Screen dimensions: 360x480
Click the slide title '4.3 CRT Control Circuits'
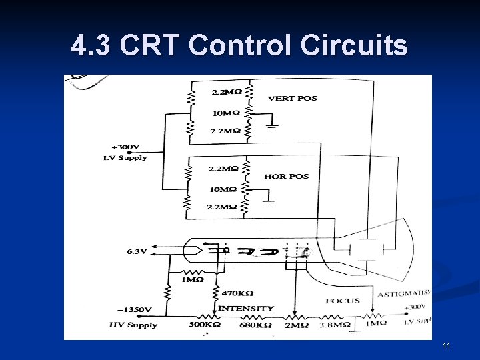coord(239,46)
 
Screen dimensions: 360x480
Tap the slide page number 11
coord(446,346)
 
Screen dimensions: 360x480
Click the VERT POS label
coord(292,99)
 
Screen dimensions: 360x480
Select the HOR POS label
coord(286,177)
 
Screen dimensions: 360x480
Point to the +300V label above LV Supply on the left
coord(125,147)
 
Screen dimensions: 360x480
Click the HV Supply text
coord(133,325)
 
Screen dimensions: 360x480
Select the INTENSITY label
coord(245,308)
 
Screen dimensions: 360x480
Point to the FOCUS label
coord(343,301)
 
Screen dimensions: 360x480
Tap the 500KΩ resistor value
coord(205,325)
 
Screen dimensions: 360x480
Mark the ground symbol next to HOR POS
coord(268,201)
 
